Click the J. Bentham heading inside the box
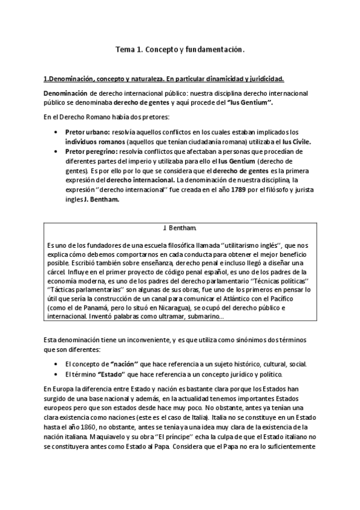tap(178, 229)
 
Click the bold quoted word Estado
tap(118, 374)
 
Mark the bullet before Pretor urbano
tap(56, 132)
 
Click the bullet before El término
tap(56, 374)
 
